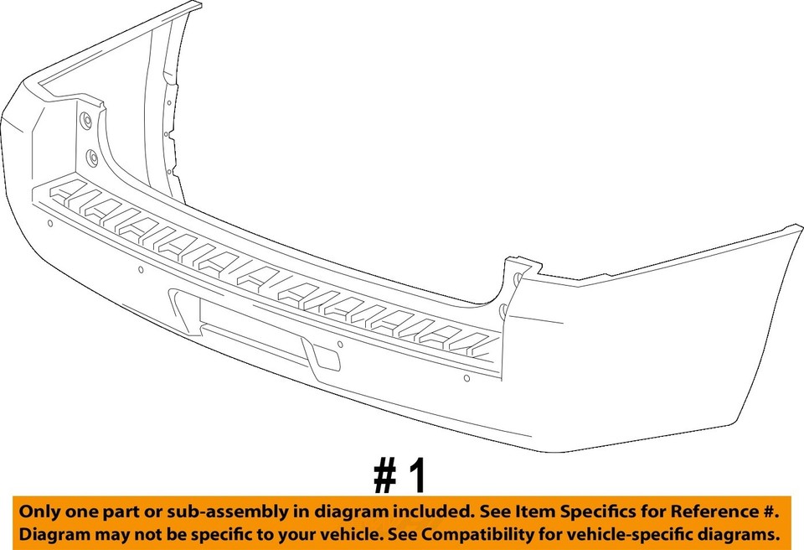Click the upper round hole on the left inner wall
(85, 120)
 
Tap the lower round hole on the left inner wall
(92, 157)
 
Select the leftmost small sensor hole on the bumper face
(50, 223)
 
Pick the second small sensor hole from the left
(141, 270)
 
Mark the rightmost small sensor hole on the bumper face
(465, 379)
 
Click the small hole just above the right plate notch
(339, 344)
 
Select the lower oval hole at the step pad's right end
(503, 313)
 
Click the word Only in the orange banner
(39, 511)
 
